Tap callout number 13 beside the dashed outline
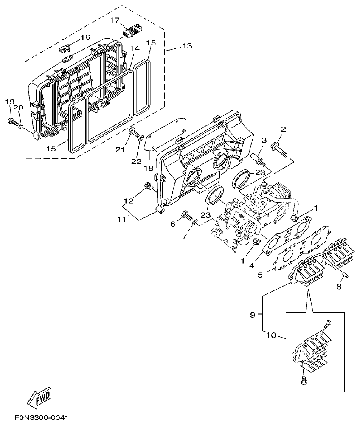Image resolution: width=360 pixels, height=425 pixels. pos(187,46)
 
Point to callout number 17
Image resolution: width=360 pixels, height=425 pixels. pos(115,20)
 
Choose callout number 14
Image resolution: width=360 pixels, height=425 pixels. pos(135,49)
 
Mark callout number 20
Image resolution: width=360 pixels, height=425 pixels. pos(20,108)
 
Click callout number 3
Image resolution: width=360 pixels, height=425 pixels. pos(264,140)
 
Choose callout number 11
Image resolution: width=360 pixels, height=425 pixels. pos(122,219)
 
